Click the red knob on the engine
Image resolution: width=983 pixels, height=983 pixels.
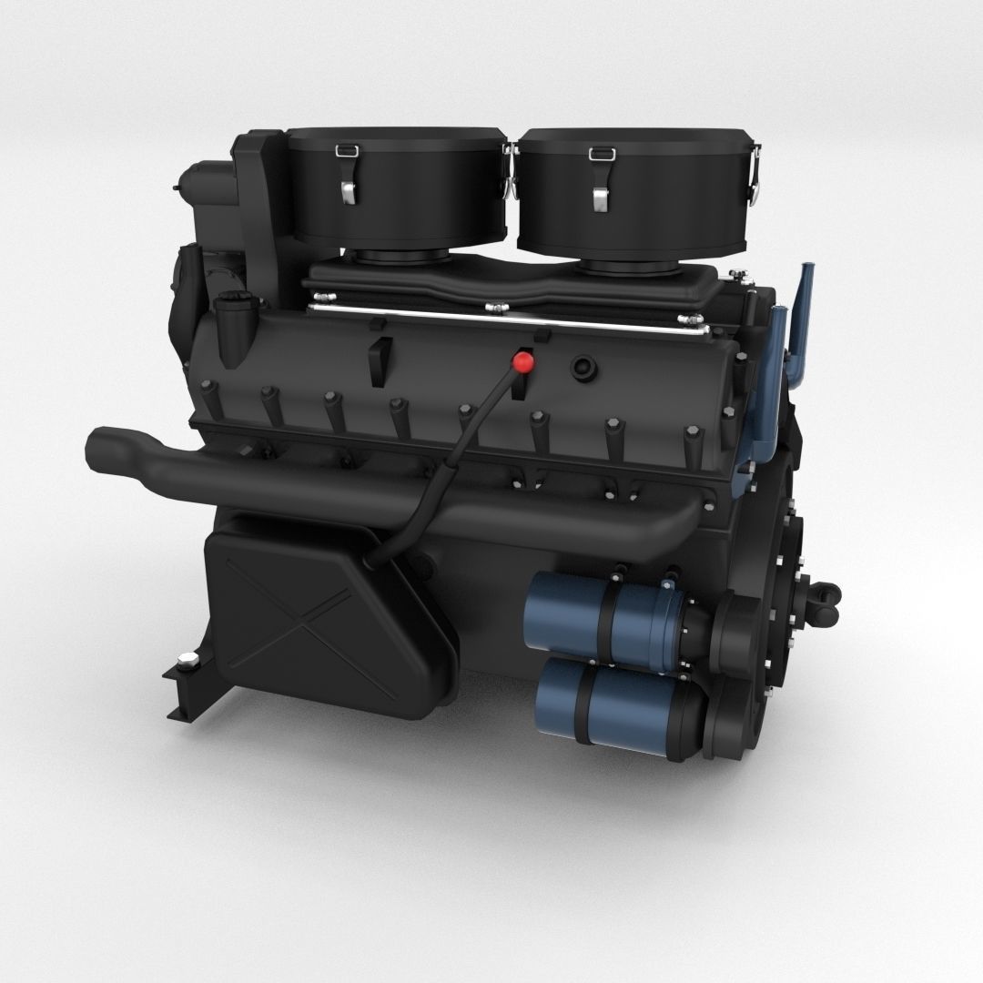(x=523, y=362)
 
